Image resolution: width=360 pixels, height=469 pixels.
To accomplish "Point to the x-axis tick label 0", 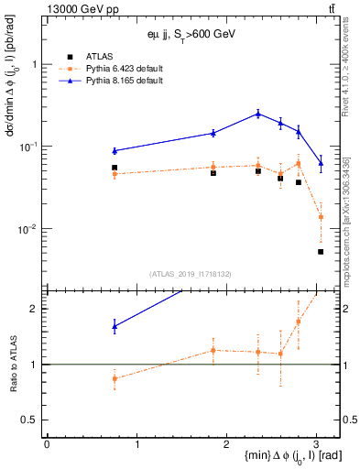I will [47, 442].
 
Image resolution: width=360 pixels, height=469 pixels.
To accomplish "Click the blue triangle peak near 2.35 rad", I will [258, 114].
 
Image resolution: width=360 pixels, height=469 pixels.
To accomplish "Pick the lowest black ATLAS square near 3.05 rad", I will [321, 252].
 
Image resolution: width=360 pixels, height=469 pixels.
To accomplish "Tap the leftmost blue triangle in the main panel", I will [115, 150].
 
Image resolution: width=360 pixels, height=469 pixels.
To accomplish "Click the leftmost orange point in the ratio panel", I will [115, 378].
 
